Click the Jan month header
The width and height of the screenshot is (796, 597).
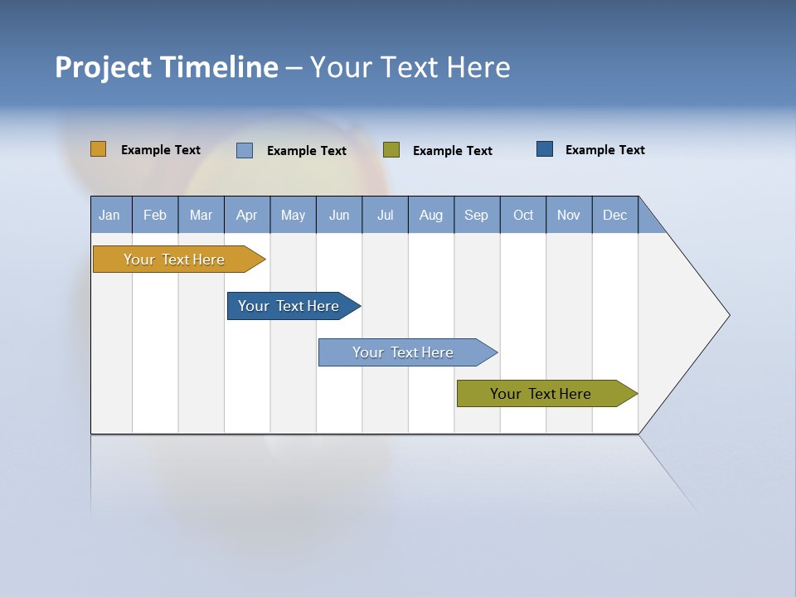point(110,215)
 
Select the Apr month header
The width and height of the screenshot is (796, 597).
point(247,215)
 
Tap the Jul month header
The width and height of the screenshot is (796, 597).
point(385,215)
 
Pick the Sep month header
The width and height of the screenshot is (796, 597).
point(477,215)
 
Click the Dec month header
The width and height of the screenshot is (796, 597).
point(614,215)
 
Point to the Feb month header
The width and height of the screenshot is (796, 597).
point(155,215)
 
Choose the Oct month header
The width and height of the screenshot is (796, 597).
point(523,215)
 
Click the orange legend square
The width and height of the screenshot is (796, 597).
point(99,149)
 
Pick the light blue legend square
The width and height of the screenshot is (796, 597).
point(245,150)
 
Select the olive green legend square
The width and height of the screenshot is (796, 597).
point(391,150)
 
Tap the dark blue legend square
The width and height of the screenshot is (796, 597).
point(545,149)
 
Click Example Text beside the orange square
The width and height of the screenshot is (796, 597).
point(161,150)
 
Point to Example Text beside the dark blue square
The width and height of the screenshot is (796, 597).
point(605,150)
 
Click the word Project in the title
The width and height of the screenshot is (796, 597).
point(103,67)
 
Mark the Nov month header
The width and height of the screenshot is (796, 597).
point(569,215)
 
